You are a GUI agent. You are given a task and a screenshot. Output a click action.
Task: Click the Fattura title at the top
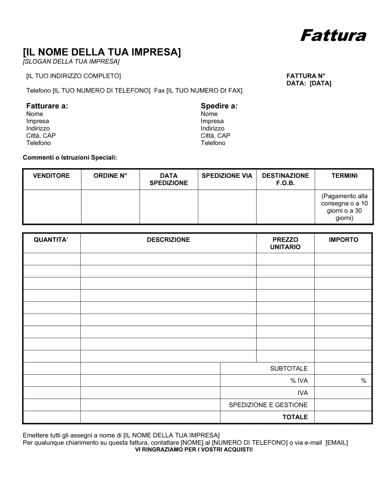click(x=333, y=35)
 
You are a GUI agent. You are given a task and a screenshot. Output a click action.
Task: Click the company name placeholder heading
click(x=102, y=52)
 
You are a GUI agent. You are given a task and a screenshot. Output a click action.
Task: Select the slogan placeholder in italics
click(x=71, y=62)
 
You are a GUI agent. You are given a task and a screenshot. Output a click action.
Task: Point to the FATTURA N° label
click(x=306, y=76)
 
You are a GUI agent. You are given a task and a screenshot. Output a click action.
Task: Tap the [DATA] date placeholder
click(x=320, y=83)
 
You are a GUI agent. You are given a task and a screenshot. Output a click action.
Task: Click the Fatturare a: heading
click(x=47, y=106)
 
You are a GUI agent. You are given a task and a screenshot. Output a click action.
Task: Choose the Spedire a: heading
click(x=219, y=106)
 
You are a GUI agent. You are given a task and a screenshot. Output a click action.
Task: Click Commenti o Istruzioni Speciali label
click(x=70, y=158)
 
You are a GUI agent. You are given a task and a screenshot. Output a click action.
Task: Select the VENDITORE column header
click(x=52, y=176)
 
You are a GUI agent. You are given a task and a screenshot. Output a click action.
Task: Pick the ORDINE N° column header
click(x=110, y=176)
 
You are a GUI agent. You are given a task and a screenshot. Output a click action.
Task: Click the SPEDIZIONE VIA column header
click(x=227, y=176)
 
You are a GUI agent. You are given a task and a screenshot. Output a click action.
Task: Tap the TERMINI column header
click(x=344, y=176)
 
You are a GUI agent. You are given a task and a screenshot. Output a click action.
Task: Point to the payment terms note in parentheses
click(x=344, y=207)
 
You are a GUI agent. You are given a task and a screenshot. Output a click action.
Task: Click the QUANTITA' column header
click(x=51, y=240)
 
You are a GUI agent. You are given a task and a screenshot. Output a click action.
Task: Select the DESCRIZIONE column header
click(x=168, y=240)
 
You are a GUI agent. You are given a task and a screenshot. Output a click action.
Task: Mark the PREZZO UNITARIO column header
click(x=285, y=244)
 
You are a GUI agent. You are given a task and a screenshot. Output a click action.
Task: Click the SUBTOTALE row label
click(x=289, y=369)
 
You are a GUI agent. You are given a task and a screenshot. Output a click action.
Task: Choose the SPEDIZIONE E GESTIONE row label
click(x=268, y=405)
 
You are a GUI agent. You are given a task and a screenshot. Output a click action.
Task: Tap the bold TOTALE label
click(x=295, y=417)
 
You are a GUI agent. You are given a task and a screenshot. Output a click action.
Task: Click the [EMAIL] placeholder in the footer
click(x=336, y=443)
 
